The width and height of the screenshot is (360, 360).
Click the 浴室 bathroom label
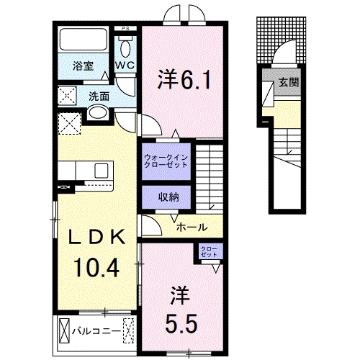pyautogui.click(x=83, y=66)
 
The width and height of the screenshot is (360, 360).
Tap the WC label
pyautogui.click(x=125, y=66)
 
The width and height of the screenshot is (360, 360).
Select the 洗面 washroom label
pyautogui.click(x=99, y=95)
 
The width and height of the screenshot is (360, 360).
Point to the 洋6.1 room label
pyautogui.click(x=184, y=78)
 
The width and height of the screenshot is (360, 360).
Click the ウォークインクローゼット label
pyautogui.click(x=166, y=160)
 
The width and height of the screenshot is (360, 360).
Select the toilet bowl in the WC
pyautogui.click(x=127, y=48)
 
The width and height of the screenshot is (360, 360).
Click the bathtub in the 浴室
pyautogui.click(x=82, y=41)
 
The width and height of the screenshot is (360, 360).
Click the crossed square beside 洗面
pyautogui.click(x=69, y=96)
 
